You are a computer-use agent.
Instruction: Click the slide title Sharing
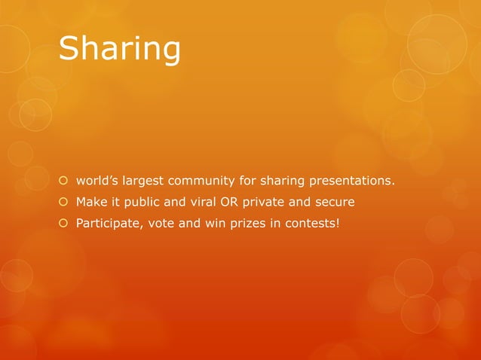tap(119, 49)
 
